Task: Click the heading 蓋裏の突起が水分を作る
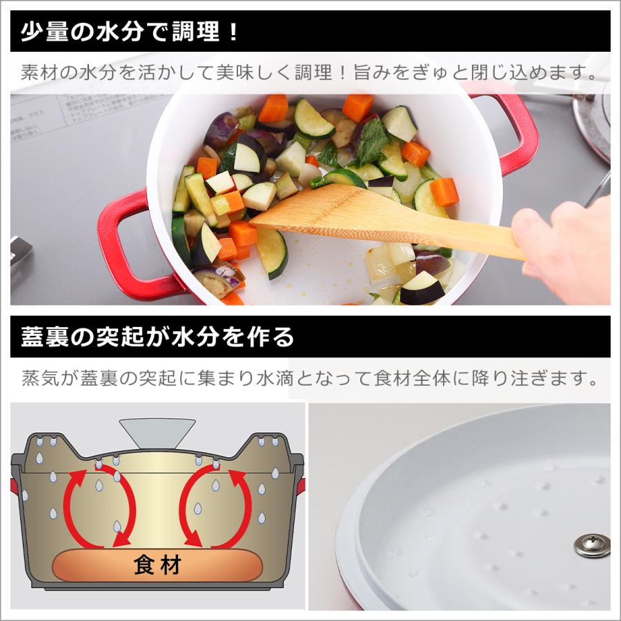pos(157,337)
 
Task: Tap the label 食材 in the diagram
pos(157,566)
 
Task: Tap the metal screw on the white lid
pos(591,544)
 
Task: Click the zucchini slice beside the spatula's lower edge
pos(273,252)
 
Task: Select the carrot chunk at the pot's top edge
pos(274,108)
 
